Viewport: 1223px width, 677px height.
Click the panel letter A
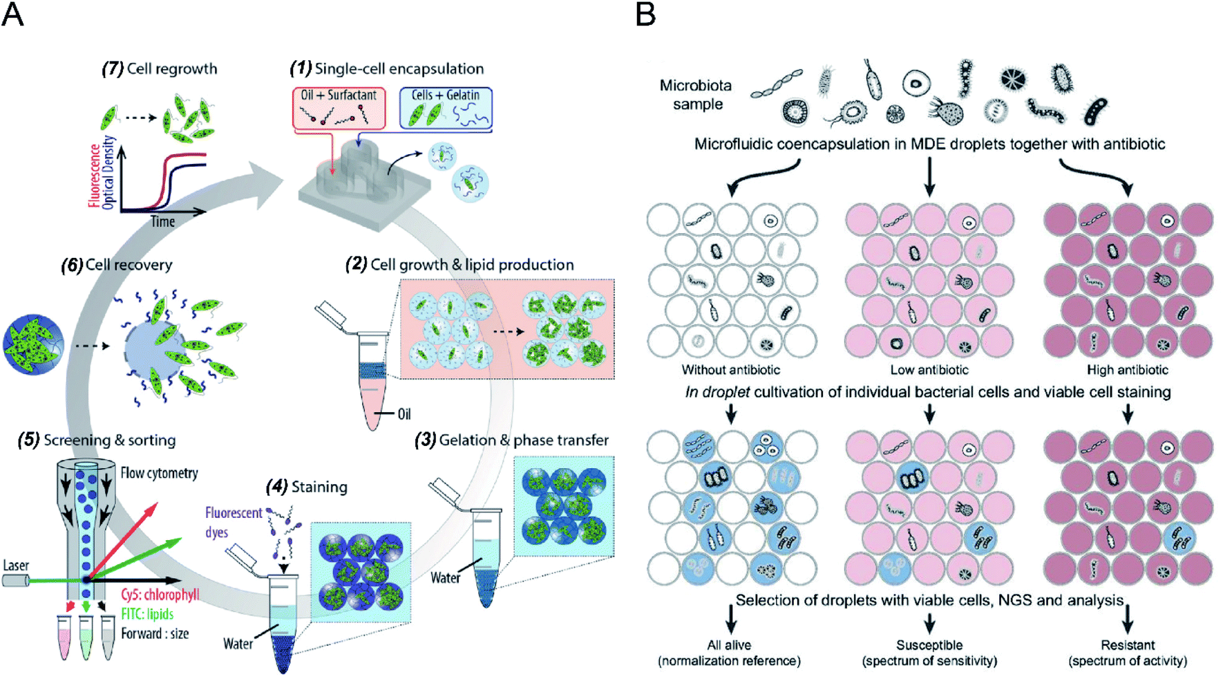coord(12,14)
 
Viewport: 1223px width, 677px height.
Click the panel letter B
coord(645,14)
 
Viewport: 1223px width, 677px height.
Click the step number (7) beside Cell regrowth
coord(113,68)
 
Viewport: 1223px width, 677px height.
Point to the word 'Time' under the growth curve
coord(163,221)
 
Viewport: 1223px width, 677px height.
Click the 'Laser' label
coord(16,566)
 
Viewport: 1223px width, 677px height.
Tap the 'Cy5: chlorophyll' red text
coord(160,595)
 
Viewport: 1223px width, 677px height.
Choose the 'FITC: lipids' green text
coord(146,614)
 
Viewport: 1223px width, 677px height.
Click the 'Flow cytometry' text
coord(159,473)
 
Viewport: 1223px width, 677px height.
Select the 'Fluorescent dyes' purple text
coord(233,522)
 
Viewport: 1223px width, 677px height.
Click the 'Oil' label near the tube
coord(404,414)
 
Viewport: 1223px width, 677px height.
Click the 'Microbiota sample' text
coord(696,95)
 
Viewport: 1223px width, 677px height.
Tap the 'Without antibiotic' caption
coord(730,370)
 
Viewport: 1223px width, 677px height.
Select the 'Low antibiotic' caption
coord(929,370)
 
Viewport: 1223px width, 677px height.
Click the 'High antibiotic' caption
coord(1127,370)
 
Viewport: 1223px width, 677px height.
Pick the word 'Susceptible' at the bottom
coord(929,645)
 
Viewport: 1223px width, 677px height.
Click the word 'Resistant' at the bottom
coord(1127,645)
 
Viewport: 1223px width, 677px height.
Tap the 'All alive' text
coord(729,645)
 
